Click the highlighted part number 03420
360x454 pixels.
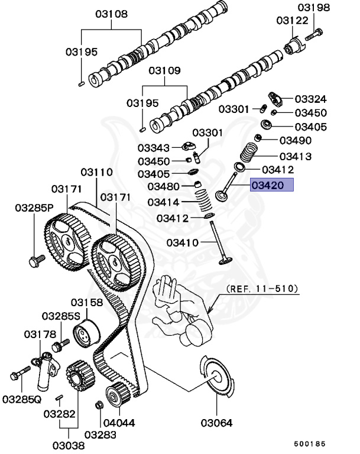(x=271, y=186)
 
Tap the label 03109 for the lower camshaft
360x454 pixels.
(x=164, y=71)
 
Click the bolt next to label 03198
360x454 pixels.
(x=314, y=33)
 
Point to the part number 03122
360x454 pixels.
(x=292, y=21)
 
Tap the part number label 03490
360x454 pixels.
(x=296, y=140)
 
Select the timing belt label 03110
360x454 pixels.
(x=96, y=172)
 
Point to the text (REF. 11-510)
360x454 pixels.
(x=262, y=290)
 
